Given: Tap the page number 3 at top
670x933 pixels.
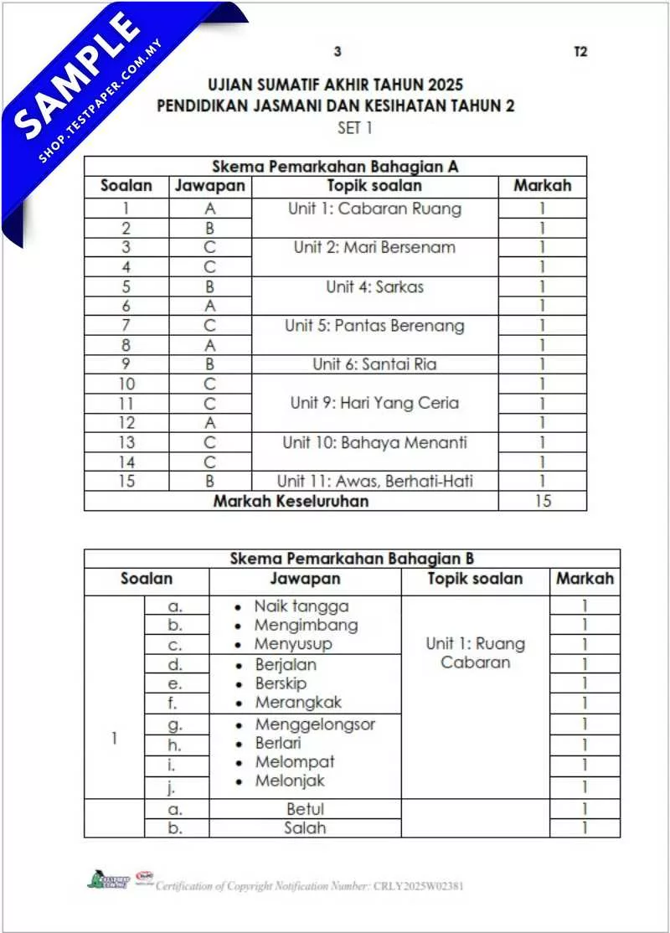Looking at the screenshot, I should click(338, 51).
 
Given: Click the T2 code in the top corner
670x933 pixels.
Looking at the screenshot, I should click(580, 51).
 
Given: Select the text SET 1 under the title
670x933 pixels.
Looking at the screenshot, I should click(355, 128).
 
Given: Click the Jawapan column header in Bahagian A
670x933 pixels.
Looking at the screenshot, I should click(209, 186).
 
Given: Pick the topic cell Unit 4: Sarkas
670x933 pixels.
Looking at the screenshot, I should click(374, 286).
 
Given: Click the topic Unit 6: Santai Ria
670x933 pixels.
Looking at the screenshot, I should click(374, 364).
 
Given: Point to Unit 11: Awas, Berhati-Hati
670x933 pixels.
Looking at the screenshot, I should click(374, 482).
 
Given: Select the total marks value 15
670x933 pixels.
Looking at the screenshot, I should click(543, 501).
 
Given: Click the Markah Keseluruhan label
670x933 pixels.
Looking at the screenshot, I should click(291, 501).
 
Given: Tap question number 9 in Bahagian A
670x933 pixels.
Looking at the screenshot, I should click(126, 364).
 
